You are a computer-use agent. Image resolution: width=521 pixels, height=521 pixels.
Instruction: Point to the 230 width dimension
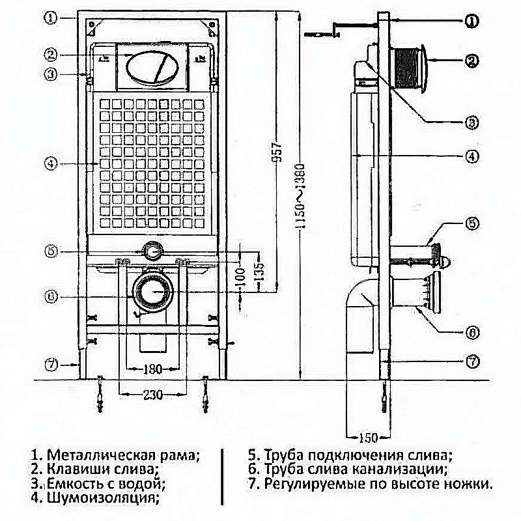click(153, 395)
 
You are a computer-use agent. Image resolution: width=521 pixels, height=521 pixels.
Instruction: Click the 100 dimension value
click(239, 278)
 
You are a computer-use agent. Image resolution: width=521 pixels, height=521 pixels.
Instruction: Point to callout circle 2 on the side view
click(472, 62)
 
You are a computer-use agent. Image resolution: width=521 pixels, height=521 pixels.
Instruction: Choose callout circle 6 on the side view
click(472, 332)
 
